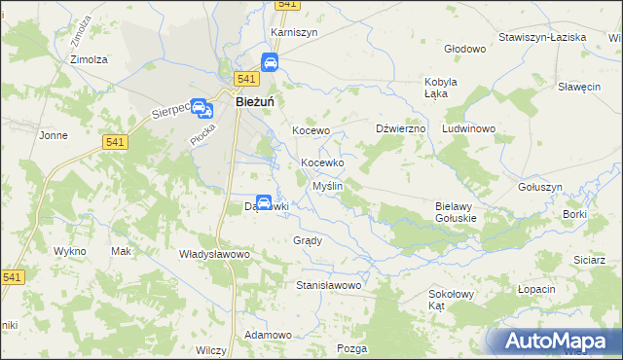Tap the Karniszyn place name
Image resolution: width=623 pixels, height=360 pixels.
[x=294, y=31]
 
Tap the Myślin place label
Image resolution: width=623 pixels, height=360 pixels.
[x=326, y=185]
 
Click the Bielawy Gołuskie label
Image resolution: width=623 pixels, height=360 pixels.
[x=455, y=212]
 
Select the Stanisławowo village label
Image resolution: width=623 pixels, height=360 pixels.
[x=329, y=286]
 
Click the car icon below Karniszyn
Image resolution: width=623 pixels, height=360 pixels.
[x=270, y=64]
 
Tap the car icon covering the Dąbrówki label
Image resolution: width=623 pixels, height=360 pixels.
[x=263, y=204]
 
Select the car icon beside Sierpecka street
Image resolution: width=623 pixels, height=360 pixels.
[x=200, y=108]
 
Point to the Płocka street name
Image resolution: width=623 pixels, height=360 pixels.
[x=202, y=136]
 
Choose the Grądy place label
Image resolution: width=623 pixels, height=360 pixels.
[x=307, y=240]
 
